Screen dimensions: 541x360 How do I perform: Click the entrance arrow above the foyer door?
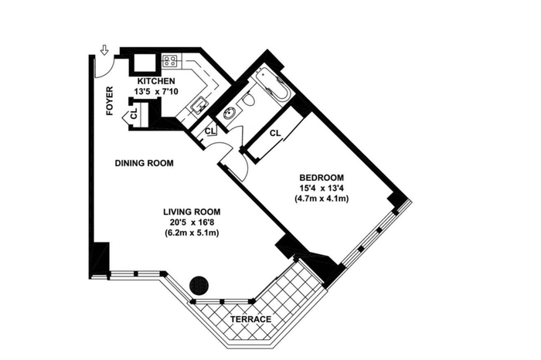point(104,50)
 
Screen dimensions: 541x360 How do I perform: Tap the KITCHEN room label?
point(156,81)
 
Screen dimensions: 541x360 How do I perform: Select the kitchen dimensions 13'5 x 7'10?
point(157,92)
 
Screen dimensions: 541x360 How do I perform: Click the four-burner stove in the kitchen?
point(170,61)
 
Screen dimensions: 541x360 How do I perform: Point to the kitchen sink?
point(199,105)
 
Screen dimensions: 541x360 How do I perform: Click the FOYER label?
point(110,100)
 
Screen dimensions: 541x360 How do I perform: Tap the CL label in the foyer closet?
point(134,114)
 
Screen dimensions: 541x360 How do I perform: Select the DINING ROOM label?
point(145,163)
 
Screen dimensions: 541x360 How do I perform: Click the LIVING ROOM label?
point(192,212)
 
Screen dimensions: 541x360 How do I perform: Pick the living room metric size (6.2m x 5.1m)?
point(192,233)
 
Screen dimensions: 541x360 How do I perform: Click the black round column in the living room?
point(199,285)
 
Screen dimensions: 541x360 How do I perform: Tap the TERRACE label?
point(251,319)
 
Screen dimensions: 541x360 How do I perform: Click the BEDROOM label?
point(322,178)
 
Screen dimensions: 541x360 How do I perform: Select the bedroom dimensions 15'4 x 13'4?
point(322,188)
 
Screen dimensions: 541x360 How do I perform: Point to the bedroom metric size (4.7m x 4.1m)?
point(322,199)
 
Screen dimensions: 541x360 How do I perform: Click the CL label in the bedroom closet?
point(275,133)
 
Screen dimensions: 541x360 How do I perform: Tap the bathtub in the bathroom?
point(274,85)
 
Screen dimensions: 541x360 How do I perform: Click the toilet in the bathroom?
point(247,100)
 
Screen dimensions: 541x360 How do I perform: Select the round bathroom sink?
point(230,113)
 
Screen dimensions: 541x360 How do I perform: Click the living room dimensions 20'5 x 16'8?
point(192,222)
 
